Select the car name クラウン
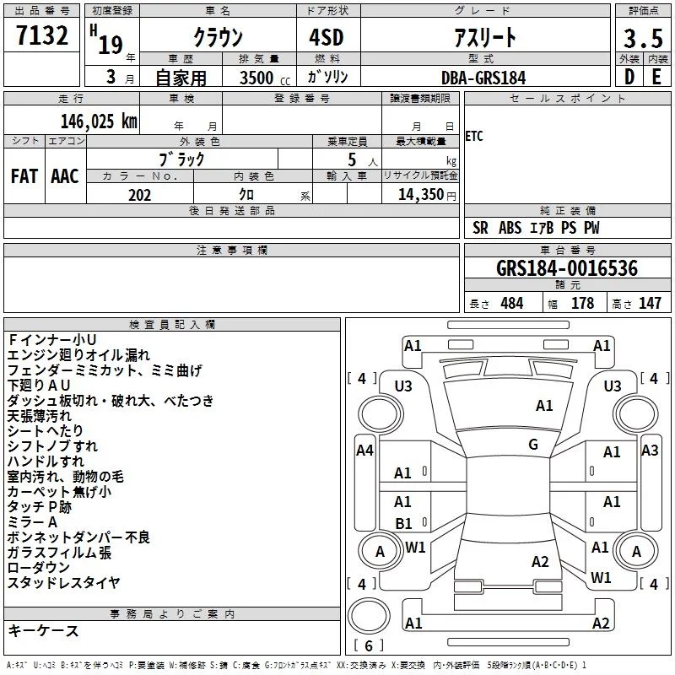219,37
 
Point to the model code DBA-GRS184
483,78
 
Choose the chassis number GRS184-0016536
566,269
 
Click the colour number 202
139,195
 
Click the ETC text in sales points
474,137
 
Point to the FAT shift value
24,176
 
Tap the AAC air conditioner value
64,176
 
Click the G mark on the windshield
533,445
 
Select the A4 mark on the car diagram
364,451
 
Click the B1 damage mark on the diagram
404,524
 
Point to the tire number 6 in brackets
369,646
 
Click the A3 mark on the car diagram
650,451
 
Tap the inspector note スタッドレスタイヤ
64,583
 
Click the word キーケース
44,631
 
